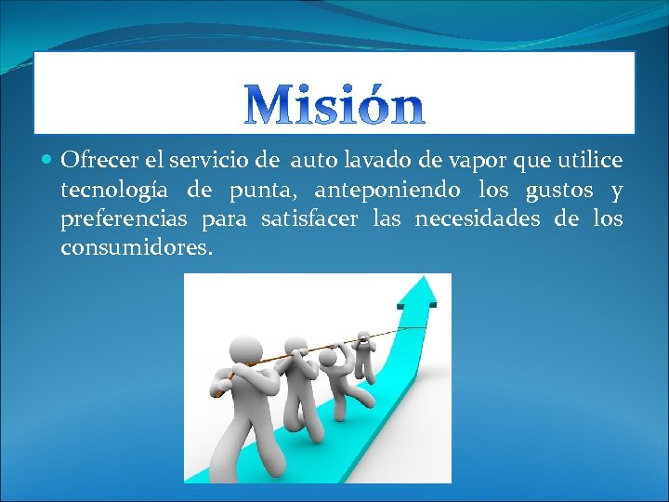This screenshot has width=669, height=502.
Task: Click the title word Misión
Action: coord(334,105)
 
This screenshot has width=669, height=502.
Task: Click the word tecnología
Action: coord(114,192)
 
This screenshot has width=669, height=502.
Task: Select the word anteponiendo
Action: coord(387,192)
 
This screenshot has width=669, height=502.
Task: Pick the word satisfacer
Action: coord(310,219)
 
